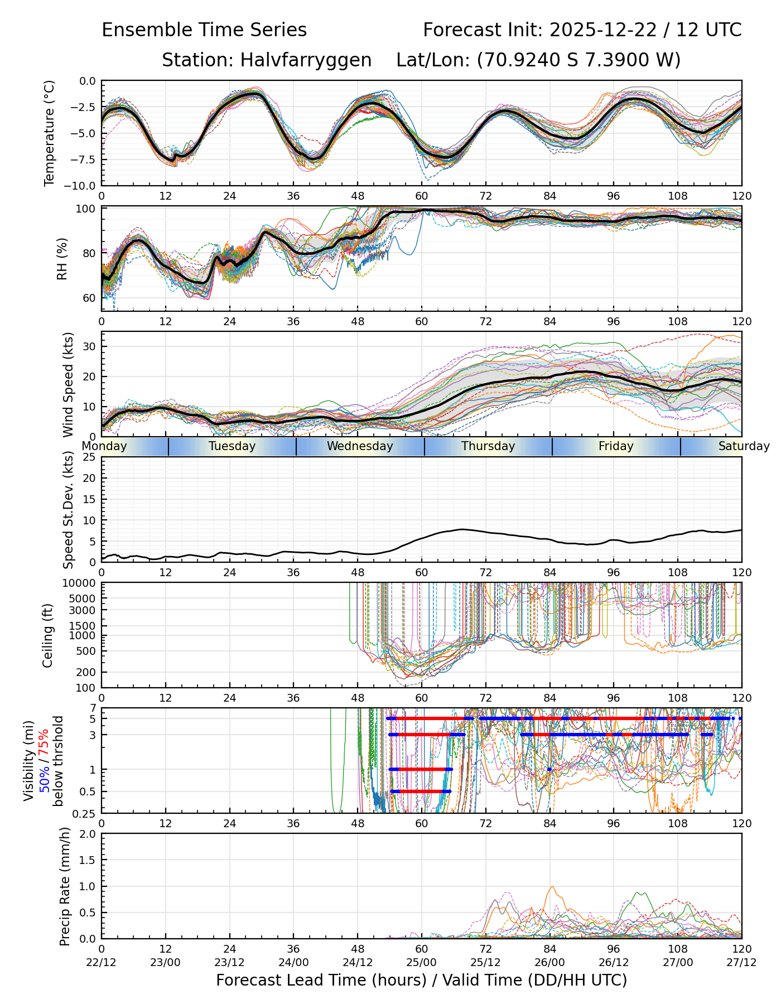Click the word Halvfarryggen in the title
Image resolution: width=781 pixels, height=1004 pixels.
(x=306, y=60)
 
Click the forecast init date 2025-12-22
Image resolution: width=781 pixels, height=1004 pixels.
(x=604, y=30)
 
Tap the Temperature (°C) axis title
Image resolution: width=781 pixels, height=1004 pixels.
(x=50, y=133)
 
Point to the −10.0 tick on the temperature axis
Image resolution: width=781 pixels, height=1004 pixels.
(x=81, y=185)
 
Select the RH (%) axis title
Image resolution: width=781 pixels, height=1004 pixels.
(x=62, y=259)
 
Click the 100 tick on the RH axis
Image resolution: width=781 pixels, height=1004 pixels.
(x=85, y=209)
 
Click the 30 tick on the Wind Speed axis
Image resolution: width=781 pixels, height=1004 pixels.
(x=88, y=346)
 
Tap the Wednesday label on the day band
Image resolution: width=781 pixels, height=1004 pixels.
(x=360, y=446)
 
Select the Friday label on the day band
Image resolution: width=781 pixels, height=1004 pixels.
(x=616, y=446)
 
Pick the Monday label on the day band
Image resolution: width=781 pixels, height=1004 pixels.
(x=104, y=446)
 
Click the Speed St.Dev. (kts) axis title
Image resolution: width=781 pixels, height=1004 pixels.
(x=68, y=509)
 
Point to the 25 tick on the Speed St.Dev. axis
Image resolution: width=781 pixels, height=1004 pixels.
(x=88, y=457)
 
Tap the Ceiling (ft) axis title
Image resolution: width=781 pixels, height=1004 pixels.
(x=48, y=635)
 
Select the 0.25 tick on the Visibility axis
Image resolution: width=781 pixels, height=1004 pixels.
(x=84, y=813)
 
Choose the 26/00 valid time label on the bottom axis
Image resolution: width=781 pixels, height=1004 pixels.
(x=549, y=962)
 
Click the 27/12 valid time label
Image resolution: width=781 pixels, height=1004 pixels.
(x=741, y=962)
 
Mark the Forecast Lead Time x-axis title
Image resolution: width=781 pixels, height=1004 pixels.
(x=421, y=981)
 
